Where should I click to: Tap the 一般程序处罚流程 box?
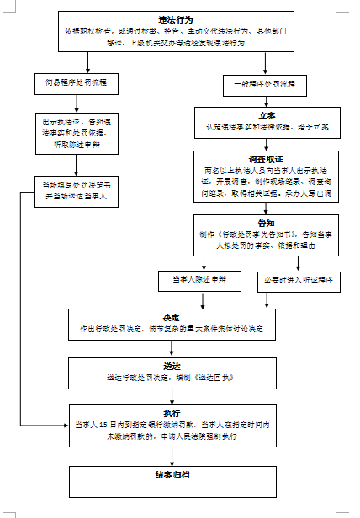tap(266, 84)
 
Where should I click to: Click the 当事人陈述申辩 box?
tap(199, 278)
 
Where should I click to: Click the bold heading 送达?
tap(171, 367)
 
